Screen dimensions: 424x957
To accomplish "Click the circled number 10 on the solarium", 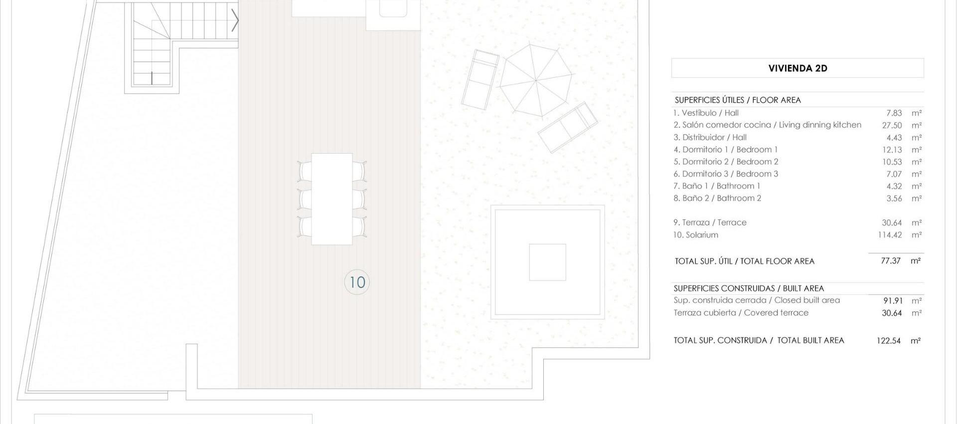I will [x=357, y=282].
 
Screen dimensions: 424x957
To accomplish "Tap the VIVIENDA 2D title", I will [x=797, y=68].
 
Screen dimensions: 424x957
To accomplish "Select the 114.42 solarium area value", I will [x=890, y=234].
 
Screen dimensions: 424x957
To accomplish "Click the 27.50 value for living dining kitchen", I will [x=892, y=125].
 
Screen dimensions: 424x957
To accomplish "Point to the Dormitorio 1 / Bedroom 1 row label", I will [x=725, y=150].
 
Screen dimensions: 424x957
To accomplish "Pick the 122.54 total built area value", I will [x=888, y=341].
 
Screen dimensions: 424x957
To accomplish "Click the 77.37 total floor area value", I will [x=890, y=261].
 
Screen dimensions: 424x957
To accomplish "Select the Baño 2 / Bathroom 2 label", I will [x=717, y=198].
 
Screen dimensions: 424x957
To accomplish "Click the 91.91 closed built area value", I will [x=892, y=301].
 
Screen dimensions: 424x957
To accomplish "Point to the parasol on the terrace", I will [x=536, y=80].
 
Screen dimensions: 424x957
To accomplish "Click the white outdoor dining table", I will [x=331, y=199].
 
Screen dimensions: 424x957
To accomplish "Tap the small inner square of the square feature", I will [x=547, y=262].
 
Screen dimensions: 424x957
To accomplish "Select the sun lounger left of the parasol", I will [x=480, y=80].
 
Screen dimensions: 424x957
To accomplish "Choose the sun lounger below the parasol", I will [x=568, y=127].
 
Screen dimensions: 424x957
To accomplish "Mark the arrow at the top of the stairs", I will [x=235, y=21].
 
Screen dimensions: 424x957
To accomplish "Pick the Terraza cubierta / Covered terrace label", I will [x=741, y=313].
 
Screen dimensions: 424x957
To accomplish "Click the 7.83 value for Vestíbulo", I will [x=894, y=113].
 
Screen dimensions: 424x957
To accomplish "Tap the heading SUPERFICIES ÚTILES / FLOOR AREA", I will [x=737, y=100].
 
